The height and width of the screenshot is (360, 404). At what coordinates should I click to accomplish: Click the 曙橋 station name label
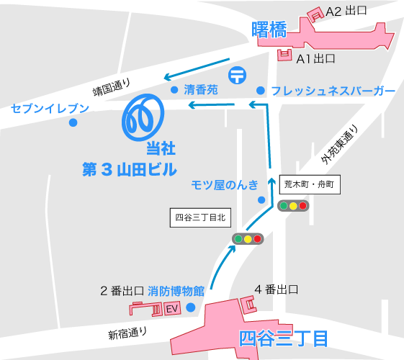[269, 30]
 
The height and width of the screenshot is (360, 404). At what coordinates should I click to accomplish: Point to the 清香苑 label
[201, 91]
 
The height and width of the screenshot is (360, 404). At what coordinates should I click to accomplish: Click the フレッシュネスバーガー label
[333, 91]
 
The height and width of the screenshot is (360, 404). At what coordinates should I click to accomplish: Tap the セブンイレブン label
[50, 109]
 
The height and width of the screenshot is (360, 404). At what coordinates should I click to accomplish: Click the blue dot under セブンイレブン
[73, 122]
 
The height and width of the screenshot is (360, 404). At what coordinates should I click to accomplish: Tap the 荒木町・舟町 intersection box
[308, 184]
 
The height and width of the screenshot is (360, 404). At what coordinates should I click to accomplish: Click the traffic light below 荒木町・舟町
[292, 206]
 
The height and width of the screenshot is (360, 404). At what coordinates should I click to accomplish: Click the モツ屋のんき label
[224, 184]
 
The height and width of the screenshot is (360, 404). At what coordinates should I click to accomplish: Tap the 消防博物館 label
[176, 292]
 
